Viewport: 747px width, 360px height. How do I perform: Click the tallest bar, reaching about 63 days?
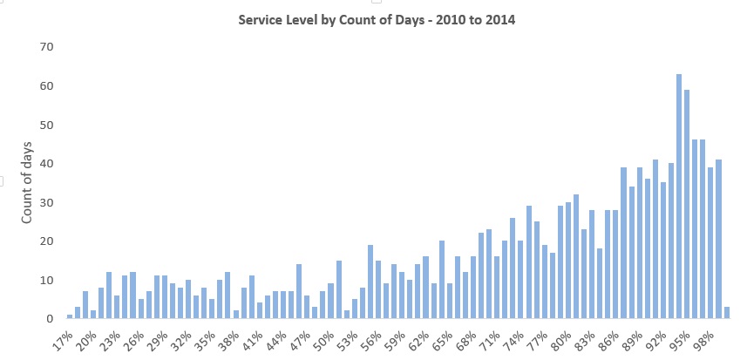click(679, 197)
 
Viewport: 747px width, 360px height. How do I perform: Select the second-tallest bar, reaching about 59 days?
click(687, 205)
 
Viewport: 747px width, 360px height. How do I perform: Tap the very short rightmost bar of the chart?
click(726, 314)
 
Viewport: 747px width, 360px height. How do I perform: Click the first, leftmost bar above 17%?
click(70, 317)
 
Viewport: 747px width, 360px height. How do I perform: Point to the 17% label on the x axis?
click(63, 336)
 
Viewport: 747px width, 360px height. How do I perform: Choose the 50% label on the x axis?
click(323, 336)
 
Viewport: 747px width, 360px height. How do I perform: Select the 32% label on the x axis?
click(180, 336)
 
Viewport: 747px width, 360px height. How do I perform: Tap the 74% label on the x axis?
click(511, 336)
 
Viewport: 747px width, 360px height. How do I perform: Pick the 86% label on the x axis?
click(606, 336)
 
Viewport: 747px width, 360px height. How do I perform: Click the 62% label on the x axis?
click(417, 336)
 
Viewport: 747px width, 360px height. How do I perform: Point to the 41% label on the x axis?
click(252, 336)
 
